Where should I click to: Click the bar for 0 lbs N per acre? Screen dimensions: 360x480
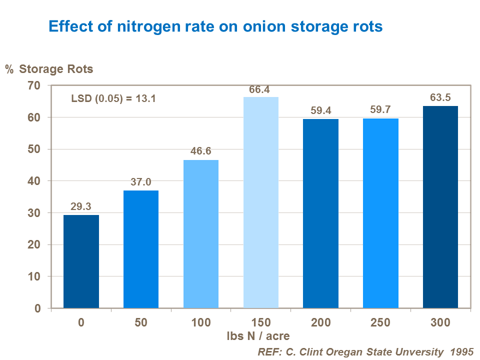pos(81,261)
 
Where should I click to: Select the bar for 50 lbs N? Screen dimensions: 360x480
pos(141,249)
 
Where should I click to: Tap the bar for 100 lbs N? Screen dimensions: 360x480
pos(201,234)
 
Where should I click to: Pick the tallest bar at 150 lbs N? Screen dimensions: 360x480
pos(261,202)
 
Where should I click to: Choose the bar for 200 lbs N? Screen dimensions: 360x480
pos(320,213)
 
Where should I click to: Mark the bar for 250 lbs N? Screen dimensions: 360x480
pos(380,213)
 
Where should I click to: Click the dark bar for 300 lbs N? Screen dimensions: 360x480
pos(440,207)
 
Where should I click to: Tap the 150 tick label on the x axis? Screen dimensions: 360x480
pos(260,322)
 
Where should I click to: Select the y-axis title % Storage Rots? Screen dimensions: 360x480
pos(49,69)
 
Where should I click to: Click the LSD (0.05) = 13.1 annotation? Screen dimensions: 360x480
pos(114,98)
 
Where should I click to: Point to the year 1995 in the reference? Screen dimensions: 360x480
pos(461,351)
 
